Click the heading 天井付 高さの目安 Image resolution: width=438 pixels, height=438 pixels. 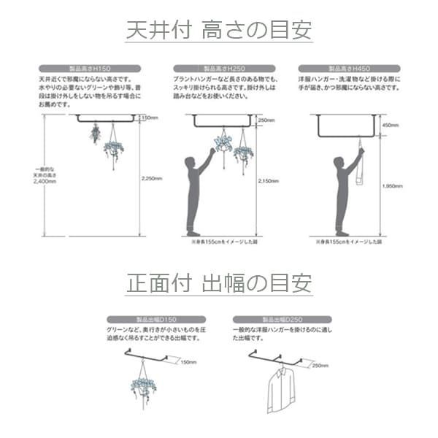219,30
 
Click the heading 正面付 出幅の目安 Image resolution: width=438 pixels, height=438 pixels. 219,282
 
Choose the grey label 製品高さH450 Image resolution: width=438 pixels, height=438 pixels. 349,69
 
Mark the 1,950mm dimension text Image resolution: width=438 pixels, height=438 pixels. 392,186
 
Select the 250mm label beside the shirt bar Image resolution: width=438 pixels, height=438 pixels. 320,365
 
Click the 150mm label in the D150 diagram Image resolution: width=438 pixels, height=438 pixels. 188,362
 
